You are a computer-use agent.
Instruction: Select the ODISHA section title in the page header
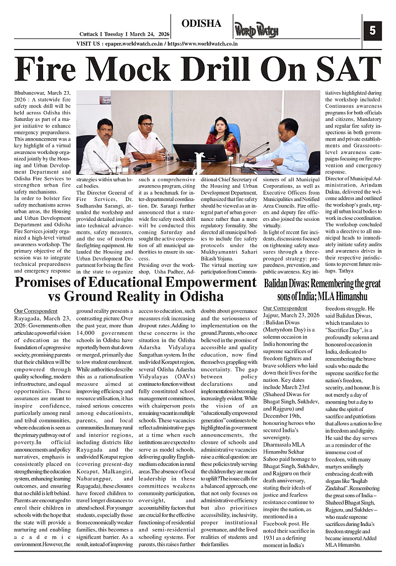pos(201,23)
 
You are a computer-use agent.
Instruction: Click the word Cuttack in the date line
pos(89,34)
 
